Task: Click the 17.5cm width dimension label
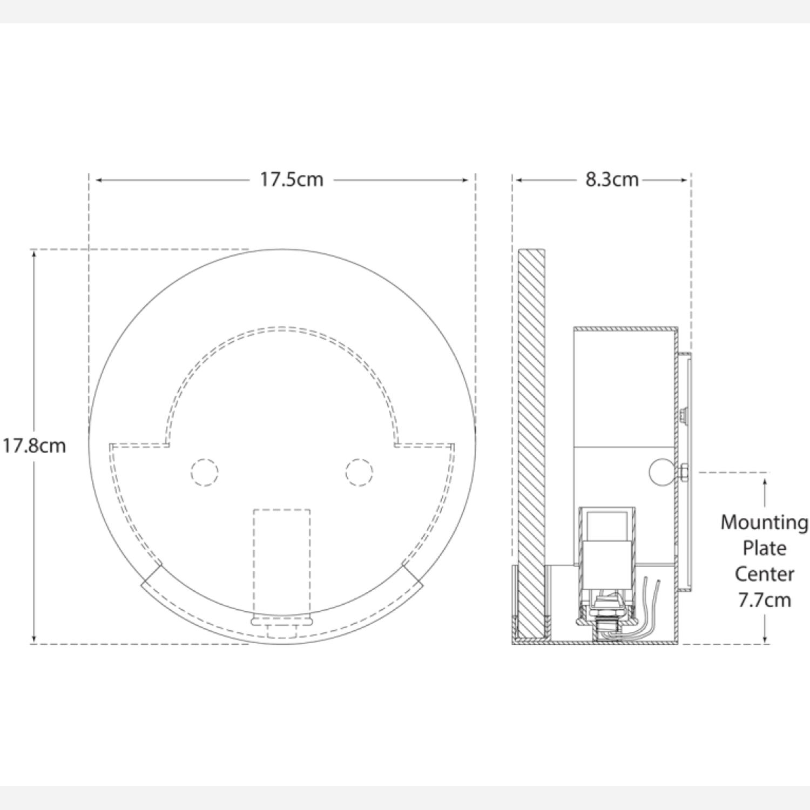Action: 292,179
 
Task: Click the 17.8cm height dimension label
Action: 33,446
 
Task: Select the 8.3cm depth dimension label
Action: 612,179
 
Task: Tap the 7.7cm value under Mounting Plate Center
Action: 764,600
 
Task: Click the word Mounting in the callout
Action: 764,522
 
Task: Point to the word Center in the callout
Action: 764,573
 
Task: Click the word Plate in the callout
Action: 764,548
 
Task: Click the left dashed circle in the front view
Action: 205,473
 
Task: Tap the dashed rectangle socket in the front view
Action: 282,562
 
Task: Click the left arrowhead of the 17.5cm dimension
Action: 99,180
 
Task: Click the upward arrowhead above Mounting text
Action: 765,482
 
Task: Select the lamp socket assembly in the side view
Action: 606,567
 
